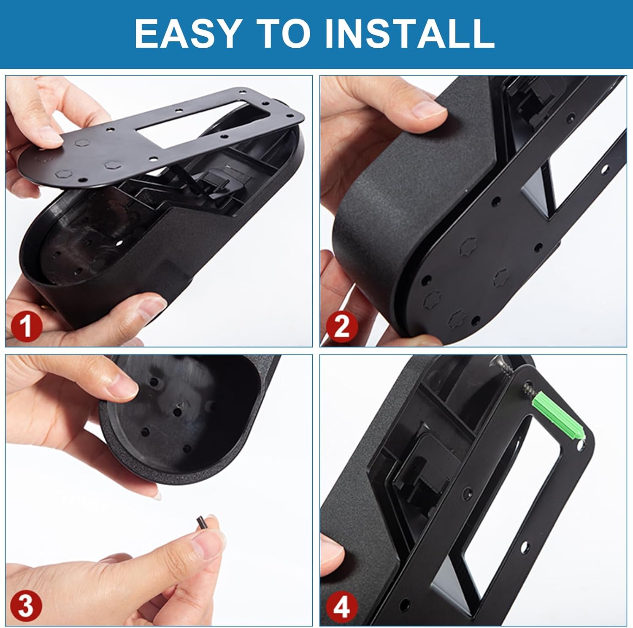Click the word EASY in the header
coord(187,33)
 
